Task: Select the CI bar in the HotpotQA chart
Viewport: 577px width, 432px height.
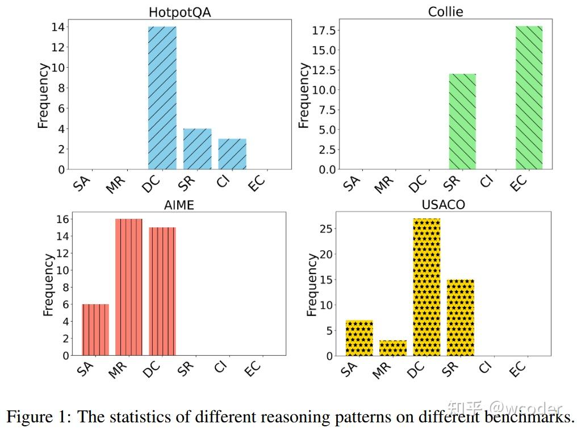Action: [x=232, y=154]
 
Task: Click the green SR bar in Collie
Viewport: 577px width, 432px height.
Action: [x=462, y=122]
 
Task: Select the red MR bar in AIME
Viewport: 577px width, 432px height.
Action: [x=128, y=287]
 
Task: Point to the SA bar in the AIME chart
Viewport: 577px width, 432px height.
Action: [x=95, y=330]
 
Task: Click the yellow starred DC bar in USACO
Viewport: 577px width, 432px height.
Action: [x=427, y=287]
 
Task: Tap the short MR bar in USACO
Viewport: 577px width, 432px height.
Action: [x=393, y=348]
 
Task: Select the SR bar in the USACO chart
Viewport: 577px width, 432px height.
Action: [x=460, y=318]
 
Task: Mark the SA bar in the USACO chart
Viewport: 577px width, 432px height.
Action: [x=359, y=338]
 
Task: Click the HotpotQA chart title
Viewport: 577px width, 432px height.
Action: [x=179, y=12]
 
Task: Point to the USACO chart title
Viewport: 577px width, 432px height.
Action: [x=444, y=205]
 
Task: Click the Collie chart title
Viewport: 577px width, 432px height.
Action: [x=446, y=12]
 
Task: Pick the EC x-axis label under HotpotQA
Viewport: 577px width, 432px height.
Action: [x=256, y=182]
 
